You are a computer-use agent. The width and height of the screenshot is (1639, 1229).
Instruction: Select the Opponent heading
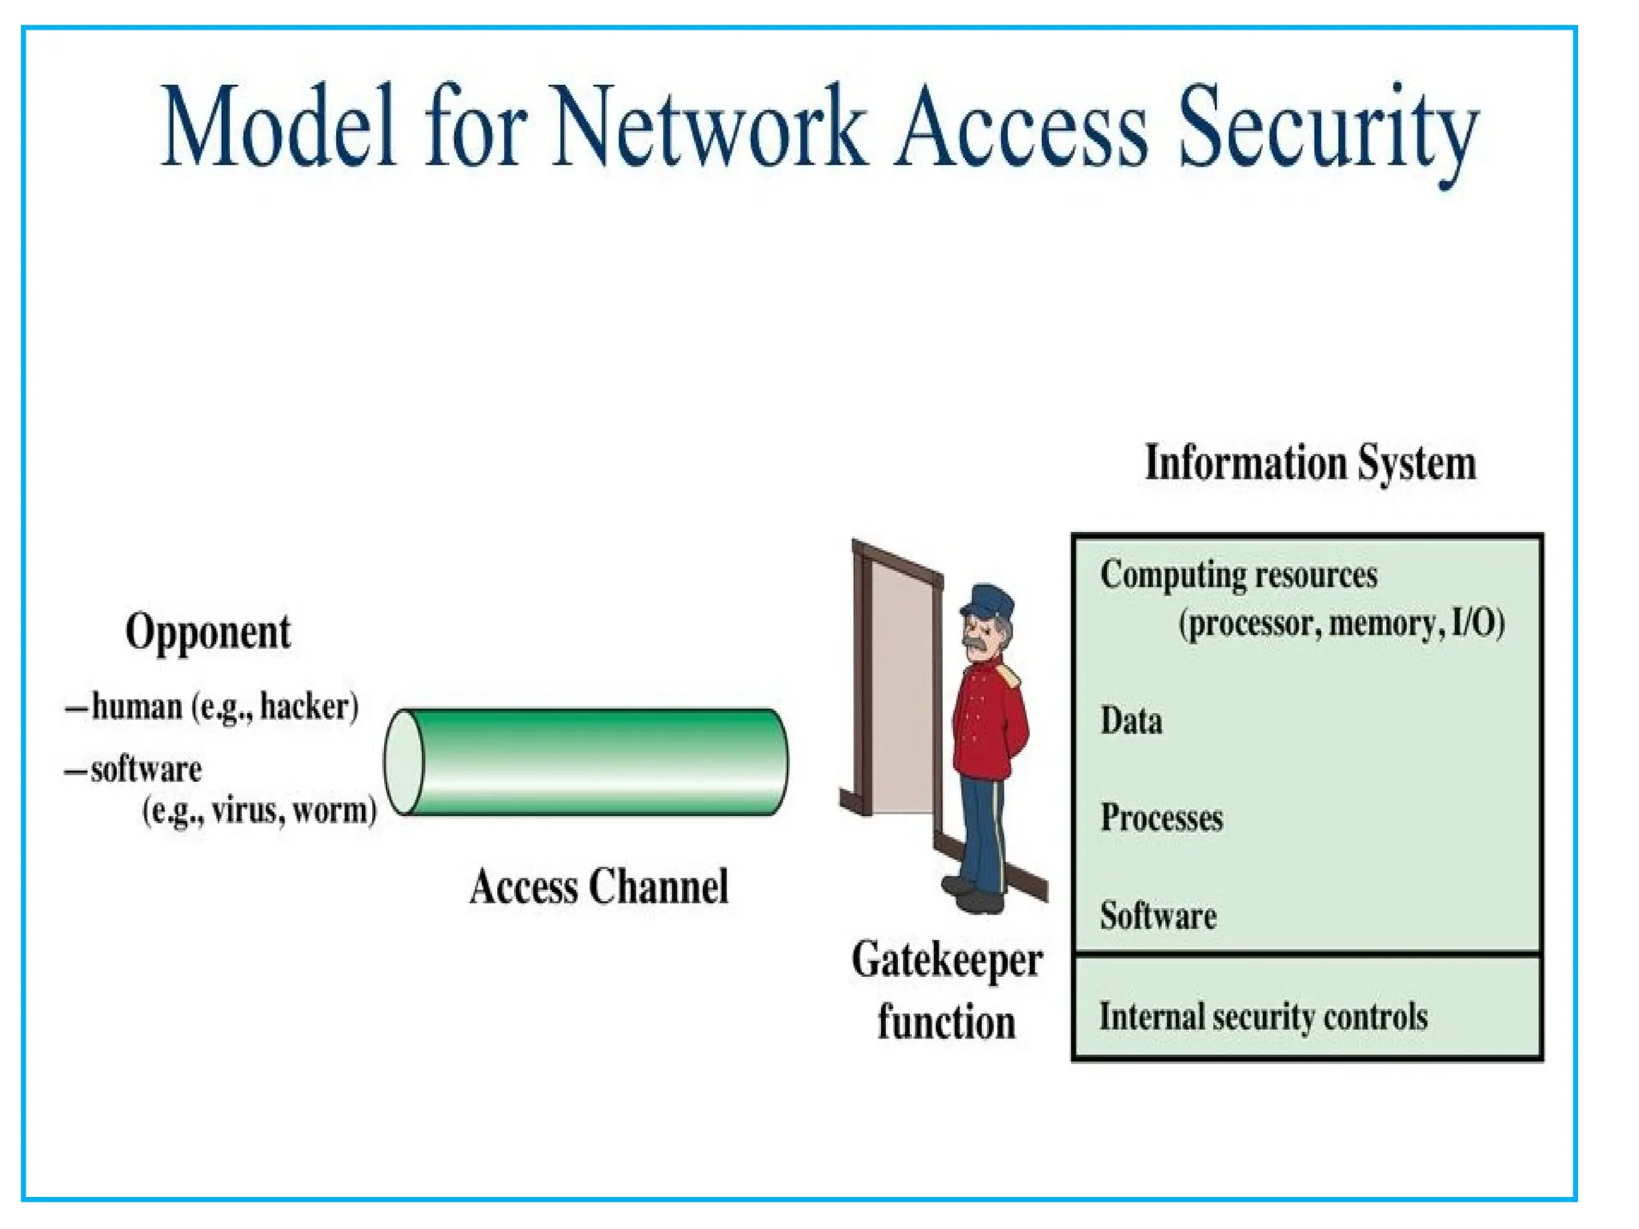point(208,632)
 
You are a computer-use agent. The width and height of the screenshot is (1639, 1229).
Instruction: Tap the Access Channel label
point(599,887)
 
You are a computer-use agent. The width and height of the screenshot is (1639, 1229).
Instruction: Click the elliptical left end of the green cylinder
point(405,762)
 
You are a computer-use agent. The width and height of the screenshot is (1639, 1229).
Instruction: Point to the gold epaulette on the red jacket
point(1010,674)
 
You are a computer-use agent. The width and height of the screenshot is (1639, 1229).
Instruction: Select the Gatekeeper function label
point(947,991)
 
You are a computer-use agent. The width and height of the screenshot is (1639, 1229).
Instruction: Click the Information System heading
point(1310,463)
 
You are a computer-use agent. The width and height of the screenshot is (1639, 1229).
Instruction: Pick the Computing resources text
point(1238,574)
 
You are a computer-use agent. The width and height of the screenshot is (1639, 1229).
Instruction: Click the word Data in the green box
point(1131,720)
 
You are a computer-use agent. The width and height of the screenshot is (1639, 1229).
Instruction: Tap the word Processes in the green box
point(1161,818)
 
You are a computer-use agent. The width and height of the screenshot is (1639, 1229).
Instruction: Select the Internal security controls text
point(1263,1017)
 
